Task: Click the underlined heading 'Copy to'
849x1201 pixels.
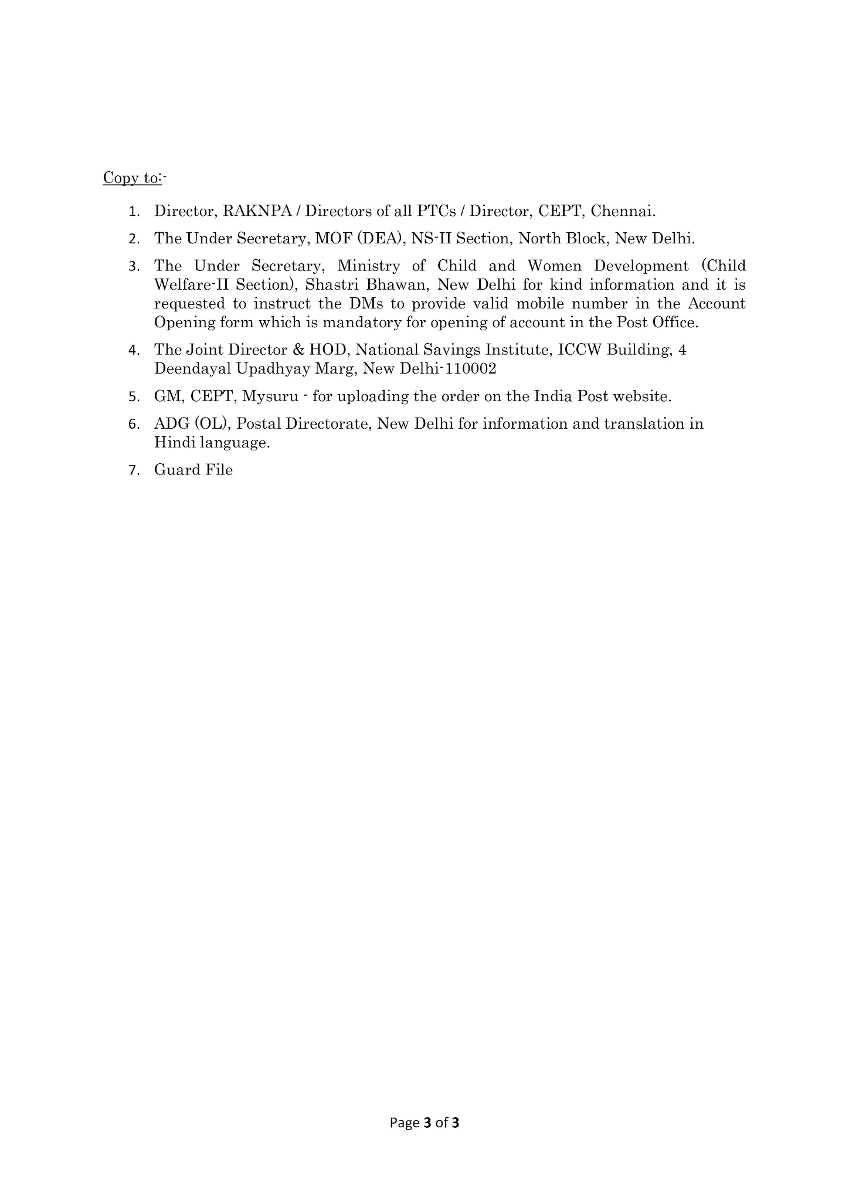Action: pyautogui.click(x=131, y=178)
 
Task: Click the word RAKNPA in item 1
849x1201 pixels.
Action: pyautogui.click(x=257, y=211)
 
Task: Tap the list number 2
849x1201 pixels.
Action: pyautogui.click(x=134, y=239)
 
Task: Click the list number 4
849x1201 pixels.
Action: pyautogui.click(x=134, y=351)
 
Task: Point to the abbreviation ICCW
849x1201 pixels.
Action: pyautogui.click(x=579, y=350)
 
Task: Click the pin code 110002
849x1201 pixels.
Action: pyautogui.click(x=471, y=369)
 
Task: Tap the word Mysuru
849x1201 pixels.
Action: pyautogui.click(x=270, y=396)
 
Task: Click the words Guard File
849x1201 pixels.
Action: pyautogui.click(x=193, y=470)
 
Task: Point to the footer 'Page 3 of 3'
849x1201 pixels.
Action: pyautogui.click(x=424, y=1123)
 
